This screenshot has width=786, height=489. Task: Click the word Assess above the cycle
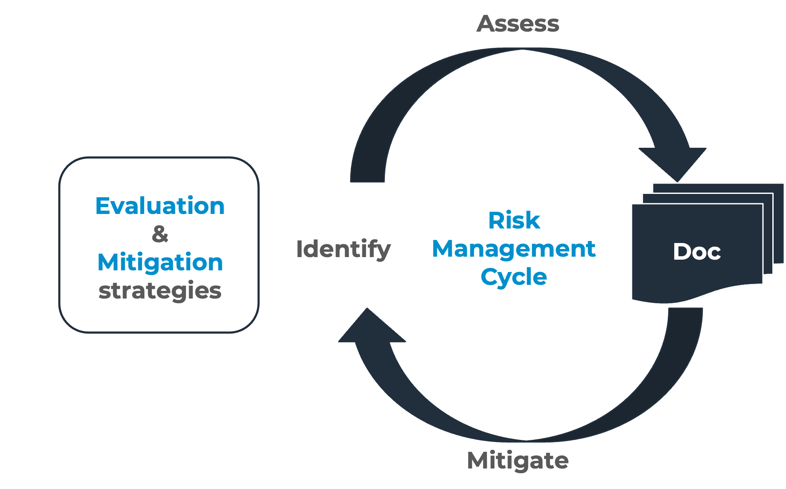pyautogui.click(x=518, y=24)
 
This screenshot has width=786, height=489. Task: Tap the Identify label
pyautogui.click(x=344, y=249)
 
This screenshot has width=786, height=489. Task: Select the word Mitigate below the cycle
pyautogui.click(x=518, y=461)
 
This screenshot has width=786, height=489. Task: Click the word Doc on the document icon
pyautogui.click(x=697, y=252)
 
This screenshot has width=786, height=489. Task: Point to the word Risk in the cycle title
pyautogui.click(x=514, y=221)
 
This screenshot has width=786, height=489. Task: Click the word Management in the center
pyautogui.click(x=514, y=249)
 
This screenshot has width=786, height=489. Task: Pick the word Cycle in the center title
pyautogui.click(x=514, y=277)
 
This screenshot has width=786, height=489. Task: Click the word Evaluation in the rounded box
pyautogui.click(x=160, y=206)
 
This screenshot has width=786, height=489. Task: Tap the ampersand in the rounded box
pyautogui.click(x=160, y=234)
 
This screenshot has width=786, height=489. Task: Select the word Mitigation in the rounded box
pyautogui.click(x=160, y=262)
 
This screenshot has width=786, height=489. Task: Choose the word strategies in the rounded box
pyautogui.click(x=160, y=291)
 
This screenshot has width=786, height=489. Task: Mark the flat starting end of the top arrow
pyautogui.click(x=367, y=179)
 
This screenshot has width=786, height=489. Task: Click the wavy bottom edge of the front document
pyautogui.click(x=700, y=297)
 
